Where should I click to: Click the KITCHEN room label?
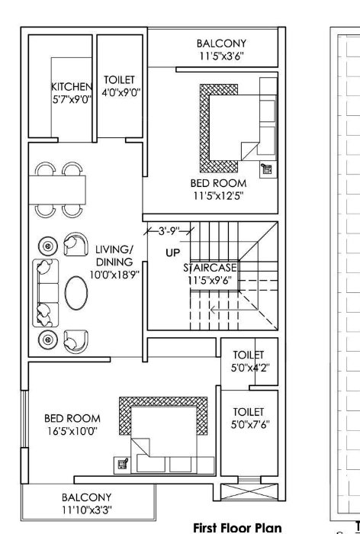coord(71,86)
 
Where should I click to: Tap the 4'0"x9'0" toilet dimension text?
coord(119,93)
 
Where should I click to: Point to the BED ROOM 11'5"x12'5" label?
coord(218,189)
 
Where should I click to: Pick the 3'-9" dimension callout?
coord(166,229)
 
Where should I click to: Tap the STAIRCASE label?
coord(210,268)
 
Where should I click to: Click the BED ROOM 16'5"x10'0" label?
coord(72,424)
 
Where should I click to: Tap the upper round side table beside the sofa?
coord(48,246)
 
